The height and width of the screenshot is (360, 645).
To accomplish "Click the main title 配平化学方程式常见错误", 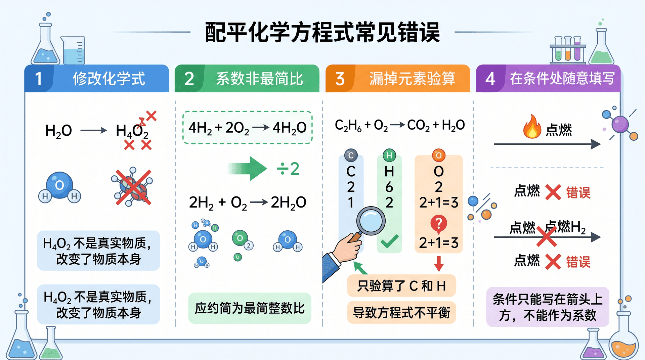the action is (322, 32).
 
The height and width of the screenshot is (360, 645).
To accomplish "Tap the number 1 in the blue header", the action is (39, 79).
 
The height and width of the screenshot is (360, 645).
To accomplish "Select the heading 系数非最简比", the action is (260, 79).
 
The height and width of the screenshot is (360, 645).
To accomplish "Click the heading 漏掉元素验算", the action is (412, 79).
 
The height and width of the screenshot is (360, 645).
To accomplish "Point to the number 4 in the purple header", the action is (490, 79).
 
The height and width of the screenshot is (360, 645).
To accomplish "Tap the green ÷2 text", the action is (288, 169).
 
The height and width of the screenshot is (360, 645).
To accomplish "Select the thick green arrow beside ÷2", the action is (247, 169).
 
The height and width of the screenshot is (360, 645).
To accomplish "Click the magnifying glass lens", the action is (371, 221).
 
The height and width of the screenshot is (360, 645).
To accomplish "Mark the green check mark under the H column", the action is (390, 241).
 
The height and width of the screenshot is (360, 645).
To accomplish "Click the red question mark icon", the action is (439, 224).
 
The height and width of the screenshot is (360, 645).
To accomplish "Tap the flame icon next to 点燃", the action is (532, 127).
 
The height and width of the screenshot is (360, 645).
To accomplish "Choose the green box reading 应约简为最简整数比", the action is (250, 308).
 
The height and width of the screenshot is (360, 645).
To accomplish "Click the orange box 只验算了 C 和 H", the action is (401, 286).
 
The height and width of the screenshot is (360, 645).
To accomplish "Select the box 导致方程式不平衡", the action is (401, 313).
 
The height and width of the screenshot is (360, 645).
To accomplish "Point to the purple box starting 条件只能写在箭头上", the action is (548, 307).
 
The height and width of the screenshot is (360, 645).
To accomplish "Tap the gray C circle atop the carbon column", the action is (351, 155).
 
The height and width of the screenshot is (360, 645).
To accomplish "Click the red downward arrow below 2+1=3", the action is (439, 264).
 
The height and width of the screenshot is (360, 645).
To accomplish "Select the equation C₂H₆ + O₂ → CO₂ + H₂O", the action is (400, 125).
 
